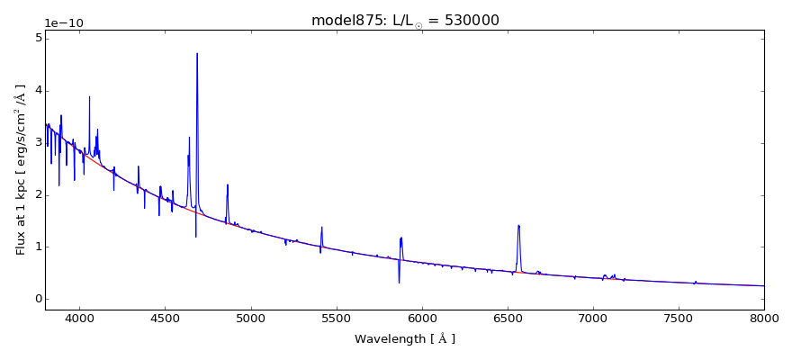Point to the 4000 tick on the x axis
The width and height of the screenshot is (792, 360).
[x=79, y=318]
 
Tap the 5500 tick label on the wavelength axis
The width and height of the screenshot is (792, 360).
[x=336, y=318]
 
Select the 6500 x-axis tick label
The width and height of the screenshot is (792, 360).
[x=507, y=318]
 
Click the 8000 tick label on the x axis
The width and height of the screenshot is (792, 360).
[x=763, y=318]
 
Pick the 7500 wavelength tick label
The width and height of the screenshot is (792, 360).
[x=678, y=318]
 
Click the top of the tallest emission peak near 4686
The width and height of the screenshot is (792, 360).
[x=197, y=53]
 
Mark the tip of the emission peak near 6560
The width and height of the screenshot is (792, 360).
[x=518, y=225]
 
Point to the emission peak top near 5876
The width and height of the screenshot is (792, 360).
[x=401, y=238]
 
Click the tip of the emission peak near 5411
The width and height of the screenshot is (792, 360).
[x=321, y=227]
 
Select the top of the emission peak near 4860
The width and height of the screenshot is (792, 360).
[x=228, y=184]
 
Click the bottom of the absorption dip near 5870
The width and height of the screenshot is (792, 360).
[x=399, y=283]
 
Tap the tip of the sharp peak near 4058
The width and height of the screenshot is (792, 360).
[x=89, y=96]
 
